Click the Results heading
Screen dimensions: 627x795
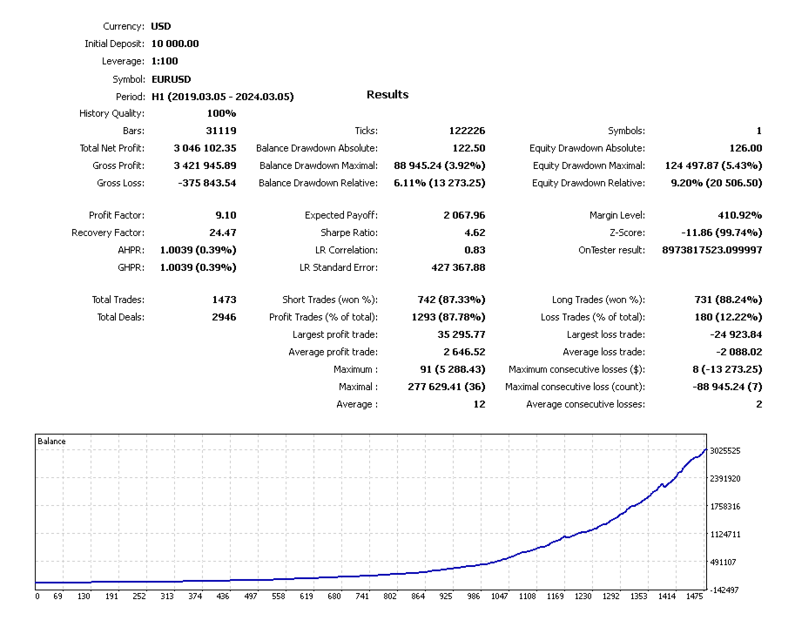387,94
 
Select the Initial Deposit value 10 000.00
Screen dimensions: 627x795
175,44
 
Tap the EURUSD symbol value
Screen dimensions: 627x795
172,79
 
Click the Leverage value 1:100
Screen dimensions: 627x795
165,61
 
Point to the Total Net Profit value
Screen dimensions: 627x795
205,148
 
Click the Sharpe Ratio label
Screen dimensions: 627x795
349,233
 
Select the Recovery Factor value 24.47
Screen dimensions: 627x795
221,233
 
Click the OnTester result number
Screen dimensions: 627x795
706,250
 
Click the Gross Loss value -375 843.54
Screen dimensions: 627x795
205,183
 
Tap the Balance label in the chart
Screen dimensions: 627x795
51,442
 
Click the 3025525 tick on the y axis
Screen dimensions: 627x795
725,451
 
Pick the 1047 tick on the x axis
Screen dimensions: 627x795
500,597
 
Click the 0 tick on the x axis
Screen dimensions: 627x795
37,597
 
